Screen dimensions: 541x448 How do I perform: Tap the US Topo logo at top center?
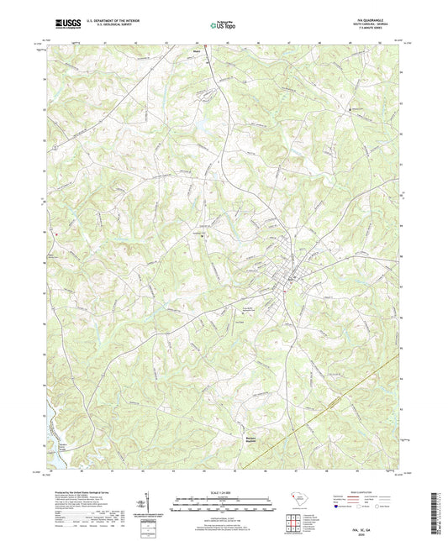click(x=223, y=25)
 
